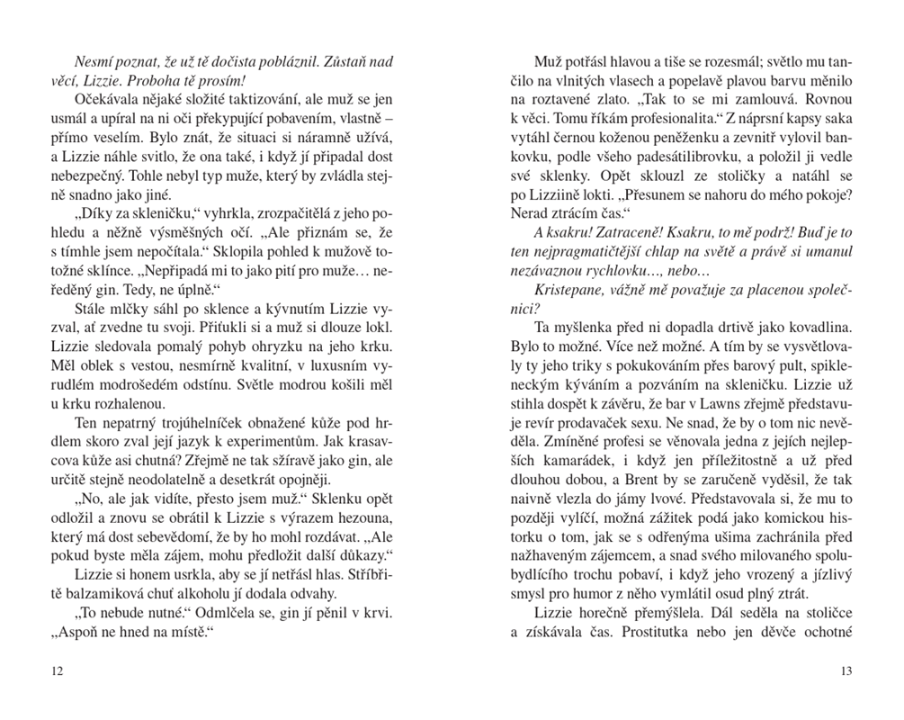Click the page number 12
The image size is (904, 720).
click(x=58, y=670)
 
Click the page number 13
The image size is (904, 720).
click(x=845, y=670)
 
